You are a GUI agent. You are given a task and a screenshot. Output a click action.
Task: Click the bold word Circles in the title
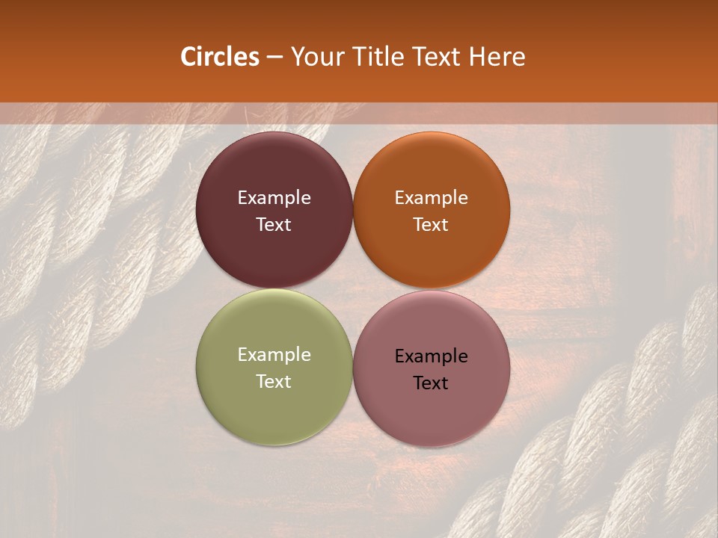[219, 57]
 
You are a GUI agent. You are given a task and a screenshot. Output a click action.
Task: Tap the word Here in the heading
[497, 57]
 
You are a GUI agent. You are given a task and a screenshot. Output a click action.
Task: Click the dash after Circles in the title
[274, 58]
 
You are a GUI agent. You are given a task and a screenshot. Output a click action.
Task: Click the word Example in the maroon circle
[274, 198]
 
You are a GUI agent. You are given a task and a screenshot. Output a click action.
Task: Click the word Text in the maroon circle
[274, 225]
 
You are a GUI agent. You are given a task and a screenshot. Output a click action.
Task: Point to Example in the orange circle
[431, 198]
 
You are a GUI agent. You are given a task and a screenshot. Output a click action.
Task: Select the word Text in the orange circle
[431, 225]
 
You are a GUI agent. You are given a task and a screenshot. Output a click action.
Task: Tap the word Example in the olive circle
[274, 355]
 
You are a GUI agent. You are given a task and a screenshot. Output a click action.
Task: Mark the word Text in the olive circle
[274, 382]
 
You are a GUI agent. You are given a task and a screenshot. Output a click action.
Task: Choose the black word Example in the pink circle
[431, 356]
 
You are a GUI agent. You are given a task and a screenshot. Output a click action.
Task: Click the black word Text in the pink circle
[431, 383]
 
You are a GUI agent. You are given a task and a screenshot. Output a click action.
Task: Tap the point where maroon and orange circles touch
[353, 211]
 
